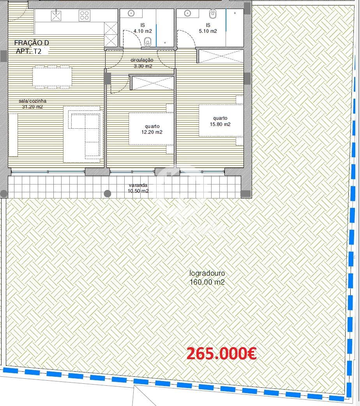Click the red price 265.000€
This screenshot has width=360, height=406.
(x=221, y=353)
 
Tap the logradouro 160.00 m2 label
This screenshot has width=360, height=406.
(x=207, y=278)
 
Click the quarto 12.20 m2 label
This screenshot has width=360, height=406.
(x=152, y=129)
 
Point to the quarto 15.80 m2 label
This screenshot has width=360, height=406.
(x=220, y=121)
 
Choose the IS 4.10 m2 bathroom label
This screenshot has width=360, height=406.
(x=143, y=28)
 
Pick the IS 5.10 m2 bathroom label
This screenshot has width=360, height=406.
(x=208, y=28)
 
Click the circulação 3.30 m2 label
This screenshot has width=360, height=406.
(x=142, y=63)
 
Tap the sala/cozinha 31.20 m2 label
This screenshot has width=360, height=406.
(x=32, y=104)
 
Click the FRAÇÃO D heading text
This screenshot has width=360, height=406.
(x=32, y=43)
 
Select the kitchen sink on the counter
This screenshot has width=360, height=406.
(x=56, y=15)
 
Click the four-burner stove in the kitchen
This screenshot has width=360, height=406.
(x=84, y=15)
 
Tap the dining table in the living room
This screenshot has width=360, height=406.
(x=52, y=77)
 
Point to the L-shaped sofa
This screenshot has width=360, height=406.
(x=84, y=133)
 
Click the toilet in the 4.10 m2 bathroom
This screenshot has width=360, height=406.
(x=148, y=42)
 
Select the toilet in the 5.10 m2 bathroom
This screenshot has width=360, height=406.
(x=213, y=14)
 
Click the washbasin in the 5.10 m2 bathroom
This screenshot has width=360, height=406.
(x=188, y=13)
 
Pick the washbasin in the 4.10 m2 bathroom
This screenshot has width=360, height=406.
(x=131, y=13)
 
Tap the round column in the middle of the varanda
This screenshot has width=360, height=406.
(x=108, y=193)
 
